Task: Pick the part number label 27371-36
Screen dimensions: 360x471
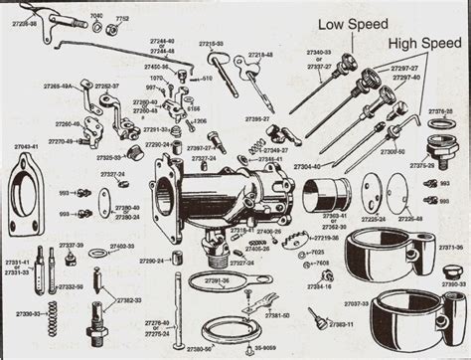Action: click(449, 247)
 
